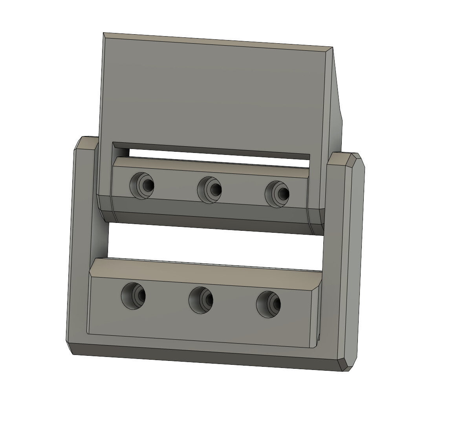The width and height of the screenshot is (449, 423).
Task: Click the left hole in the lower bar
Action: [134, 295]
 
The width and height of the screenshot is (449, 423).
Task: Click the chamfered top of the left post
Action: [87, 142]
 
